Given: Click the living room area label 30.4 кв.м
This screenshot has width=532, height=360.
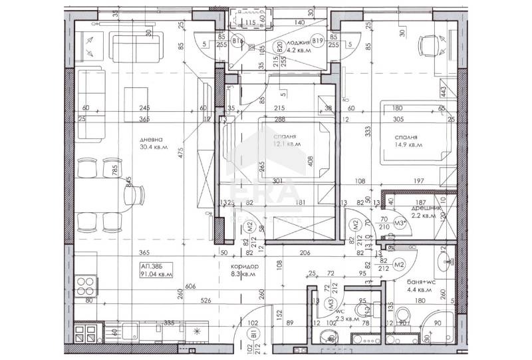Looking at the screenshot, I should point(154,148).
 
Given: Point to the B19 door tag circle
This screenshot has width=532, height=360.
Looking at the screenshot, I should point(318,41).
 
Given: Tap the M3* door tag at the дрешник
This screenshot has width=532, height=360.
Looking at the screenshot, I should point(400,223).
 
